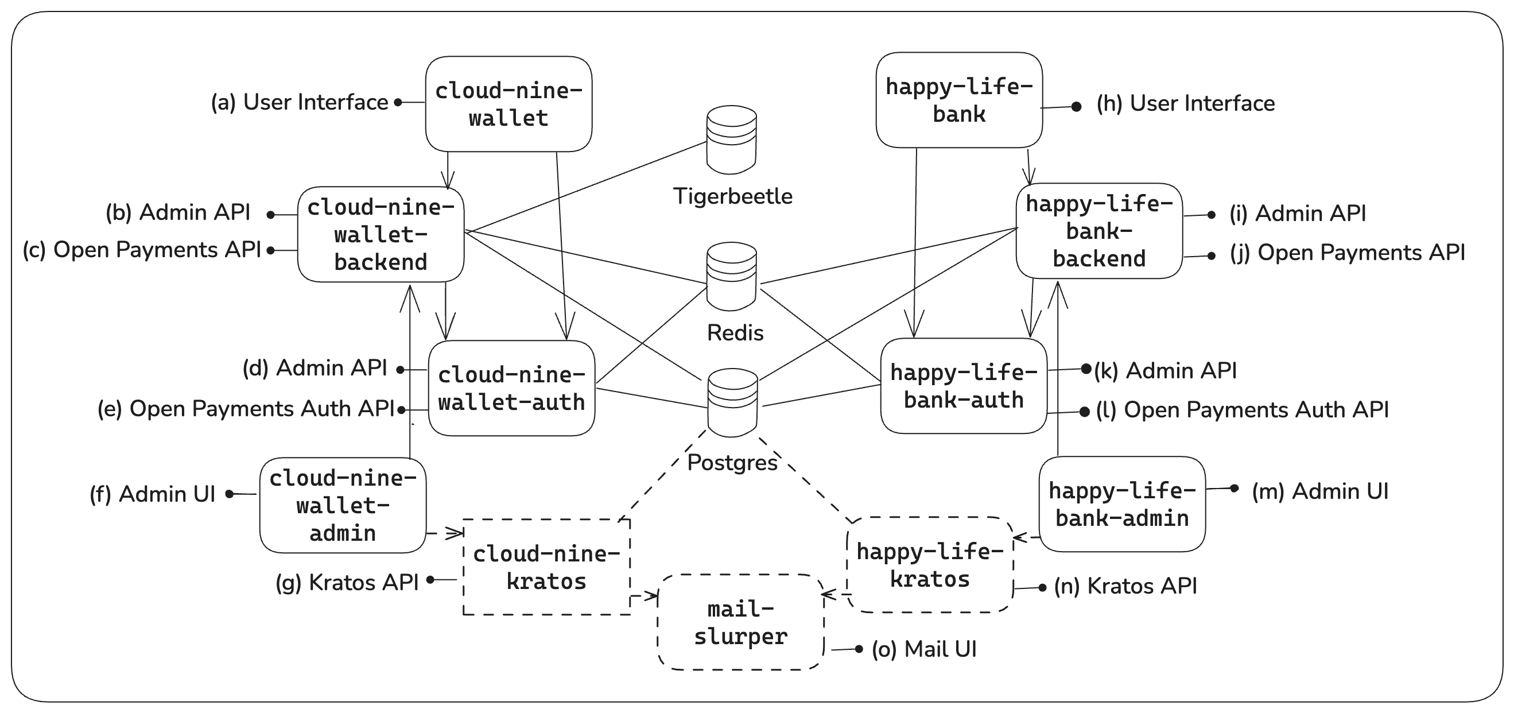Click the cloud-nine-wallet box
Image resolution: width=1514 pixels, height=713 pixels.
point(508,104)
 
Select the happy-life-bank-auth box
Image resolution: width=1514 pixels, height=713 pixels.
point(963,386)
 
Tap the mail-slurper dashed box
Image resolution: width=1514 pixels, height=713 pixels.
point(740,622)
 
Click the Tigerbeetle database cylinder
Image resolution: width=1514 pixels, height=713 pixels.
point(731,140)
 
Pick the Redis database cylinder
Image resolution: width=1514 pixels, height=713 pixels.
point(731,276)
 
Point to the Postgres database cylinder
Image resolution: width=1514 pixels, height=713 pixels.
point(732,402)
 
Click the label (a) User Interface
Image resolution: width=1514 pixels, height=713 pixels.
point(299,102)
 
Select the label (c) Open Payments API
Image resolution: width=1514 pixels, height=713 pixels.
point(142,250)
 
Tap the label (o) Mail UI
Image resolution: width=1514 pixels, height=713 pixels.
point(924,649)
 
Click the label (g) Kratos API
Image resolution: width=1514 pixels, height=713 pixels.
point(347,583)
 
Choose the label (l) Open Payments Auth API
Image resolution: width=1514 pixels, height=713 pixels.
point(1242,410)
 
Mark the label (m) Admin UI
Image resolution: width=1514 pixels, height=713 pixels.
point(1319,491)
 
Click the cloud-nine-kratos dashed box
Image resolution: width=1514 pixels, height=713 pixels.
point(546,567)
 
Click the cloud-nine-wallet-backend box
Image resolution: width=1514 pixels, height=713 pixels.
point(381,235)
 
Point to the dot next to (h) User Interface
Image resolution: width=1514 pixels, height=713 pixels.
point(1076,107)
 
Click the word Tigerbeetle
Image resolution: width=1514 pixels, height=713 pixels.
point(732,196)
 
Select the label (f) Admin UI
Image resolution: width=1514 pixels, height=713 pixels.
point(152,494)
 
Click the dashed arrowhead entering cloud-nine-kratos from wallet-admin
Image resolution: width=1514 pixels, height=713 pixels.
point(456,534)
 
